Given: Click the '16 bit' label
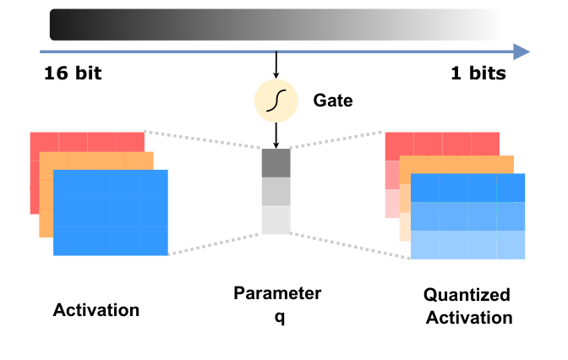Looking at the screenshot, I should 73,74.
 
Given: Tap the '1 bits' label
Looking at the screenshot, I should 478,74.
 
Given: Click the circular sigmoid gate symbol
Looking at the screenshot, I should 276,101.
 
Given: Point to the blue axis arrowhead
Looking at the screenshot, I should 522,52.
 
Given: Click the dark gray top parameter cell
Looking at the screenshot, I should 276,162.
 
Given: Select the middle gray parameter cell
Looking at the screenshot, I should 276,191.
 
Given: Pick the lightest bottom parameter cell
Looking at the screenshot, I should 276,220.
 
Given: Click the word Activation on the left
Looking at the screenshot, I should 96,309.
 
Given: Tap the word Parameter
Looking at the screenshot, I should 277,293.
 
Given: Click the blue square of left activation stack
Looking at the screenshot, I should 111,212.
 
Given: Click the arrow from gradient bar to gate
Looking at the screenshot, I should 276,64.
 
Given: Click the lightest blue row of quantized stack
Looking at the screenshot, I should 467,244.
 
